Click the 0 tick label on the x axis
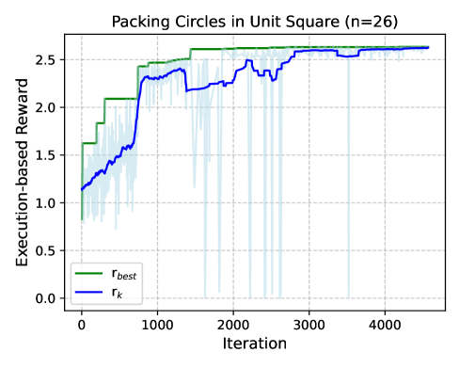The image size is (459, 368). [x=82, y=325]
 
